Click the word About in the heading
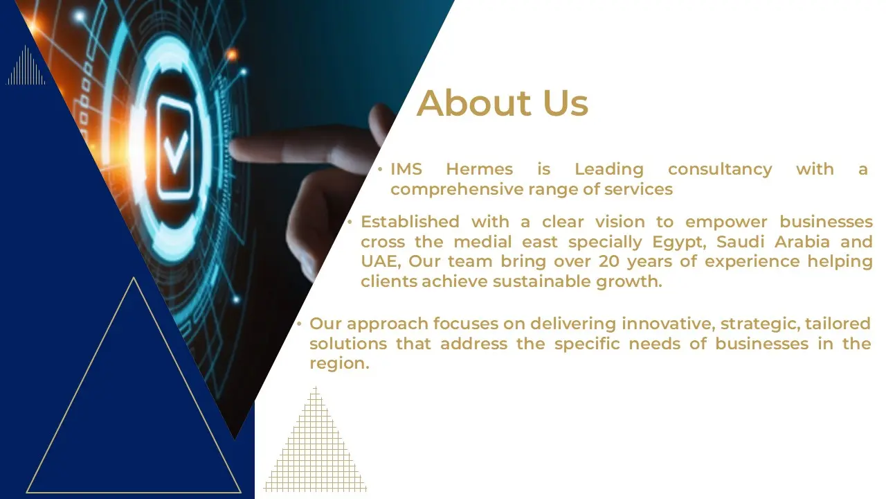474,103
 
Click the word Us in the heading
566,103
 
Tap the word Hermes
480,169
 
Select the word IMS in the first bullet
406,169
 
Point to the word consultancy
720,170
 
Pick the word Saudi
741,242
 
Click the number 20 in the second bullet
608,261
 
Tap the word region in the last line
339,365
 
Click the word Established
410,222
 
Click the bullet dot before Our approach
300,324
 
